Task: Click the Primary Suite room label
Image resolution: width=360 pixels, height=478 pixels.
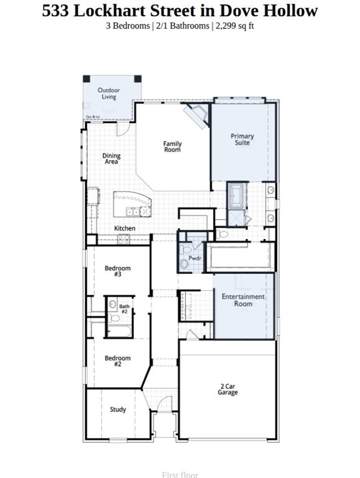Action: pyautogui.click(x=242, y=139)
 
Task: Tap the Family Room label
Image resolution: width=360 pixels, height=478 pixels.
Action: pyautogui.click(x=173, y=147)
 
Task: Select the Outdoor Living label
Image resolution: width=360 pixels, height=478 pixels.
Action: pyautogui.click(x=109, y=93)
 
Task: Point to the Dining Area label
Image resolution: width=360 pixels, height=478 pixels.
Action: pyautogui.click(x=111, y=159)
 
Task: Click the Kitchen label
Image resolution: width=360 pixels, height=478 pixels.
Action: pyautogui.click(x=125, y=228)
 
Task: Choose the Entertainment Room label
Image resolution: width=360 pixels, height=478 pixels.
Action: pyautogui.click(x=244, y=300)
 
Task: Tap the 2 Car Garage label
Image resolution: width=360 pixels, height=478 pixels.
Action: pyautogui.click(x=227, y=389)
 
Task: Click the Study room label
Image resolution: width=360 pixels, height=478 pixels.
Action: pyautogui.click(x=118, y=410)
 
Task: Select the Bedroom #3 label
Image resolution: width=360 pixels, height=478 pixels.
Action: pyautogui.click(x=117, y=271)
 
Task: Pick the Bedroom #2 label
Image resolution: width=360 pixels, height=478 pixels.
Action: pyautogui.click(x=117, y=361)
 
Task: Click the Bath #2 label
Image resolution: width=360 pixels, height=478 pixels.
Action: pyautogui.click(x=125, y=308)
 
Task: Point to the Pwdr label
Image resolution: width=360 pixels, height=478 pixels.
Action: pyautogui.click(x=195, y=258)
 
